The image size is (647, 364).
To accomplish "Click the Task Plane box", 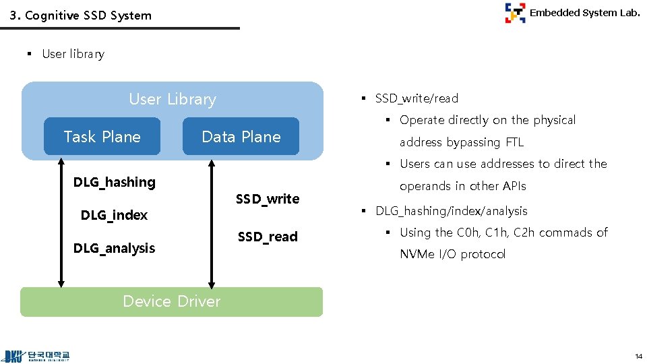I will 102,137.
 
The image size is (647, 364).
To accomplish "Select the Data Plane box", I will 241,137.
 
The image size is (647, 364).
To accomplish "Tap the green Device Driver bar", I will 171,301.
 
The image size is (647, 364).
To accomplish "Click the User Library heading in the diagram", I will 173,99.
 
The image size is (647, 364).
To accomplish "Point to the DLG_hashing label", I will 114,182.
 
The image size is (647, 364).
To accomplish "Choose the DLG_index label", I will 114,215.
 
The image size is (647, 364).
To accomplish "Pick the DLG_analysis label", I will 114,248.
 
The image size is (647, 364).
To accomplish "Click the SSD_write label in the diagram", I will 268,199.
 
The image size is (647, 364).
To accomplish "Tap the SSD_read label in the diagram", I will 268,237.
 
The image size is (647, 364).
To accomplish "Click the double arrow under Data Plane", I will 212,222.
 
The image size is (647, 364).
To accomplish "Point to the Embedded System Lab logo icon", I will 515,13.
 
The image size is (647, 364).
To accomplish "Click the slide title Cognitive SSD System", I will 81,15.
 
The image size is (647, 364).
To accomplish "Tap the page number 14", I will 638,356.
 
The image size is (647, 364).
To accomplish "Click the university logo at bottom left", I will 37,356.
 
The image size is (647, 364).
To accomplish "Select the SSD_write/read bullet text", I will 417,98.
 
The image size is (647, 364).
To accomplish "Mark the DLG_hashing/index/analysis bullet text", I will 451,211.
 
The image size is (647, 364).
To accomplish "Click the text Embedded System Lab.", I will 584,12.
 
